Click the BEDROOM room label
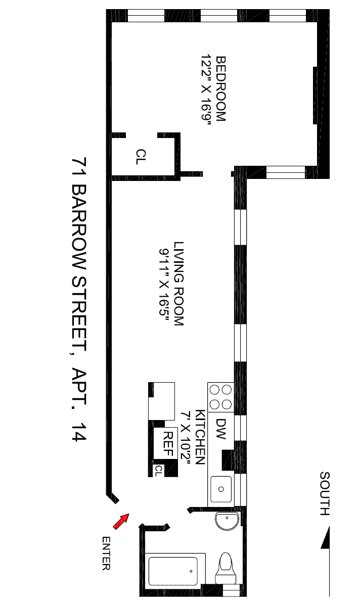(x=221, y=88)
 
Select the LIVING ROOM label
(x=178, y=284)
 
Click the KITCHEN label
(x=201, y=437)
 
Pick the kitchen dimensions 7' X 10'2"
(x=187, y=437)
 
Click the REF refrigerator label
(x=168, y=443)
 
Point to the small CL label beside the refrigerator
(x=158, y=471)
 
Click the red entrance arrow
(x=121, y=522)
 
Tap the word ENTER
(x=106, y=553)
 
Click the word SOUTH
(x=325, y=493)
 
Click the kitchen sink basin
(x=221, y=489)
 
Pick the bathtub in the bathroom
(x=175, y=572)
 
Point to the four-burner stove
(x=221, y=397)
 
